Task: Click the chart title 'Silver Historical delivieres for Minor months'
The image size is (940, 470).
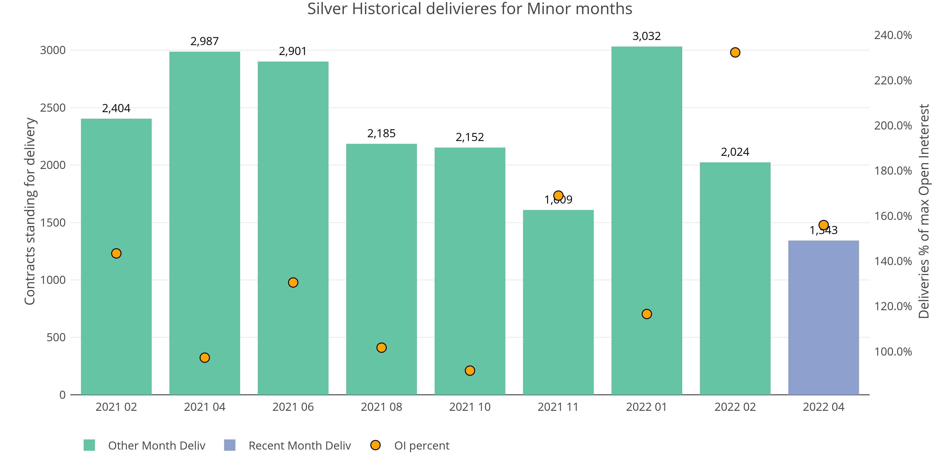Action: pyautogui.click(x=470, y=9)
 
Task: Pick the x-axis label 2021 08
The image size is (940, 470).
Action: pyautogui.click(x=381, y=407)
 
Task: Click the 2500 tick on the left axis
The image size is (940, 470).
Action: pyautogui.click(x=53, y=108)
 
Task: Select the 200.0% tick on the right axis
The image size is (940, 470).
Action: pyautogui.click(x=893, y=125)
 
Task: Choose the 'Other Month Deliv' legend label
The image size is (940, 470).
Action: pyautogui.click(x=157, y=446)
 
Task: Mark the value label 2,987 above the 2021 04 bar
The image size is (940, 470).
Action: pyautogui.click(x=204, y=41)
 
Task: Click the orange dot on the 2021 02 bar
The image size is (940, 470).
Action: pyautogui.click(x=116, y=253)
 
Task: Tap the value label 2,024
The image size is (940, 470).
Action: pyautogui.click(x=735, y=152)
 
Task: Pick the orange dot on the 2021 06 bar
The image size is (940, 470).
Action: pyautogui.click(x=293, y=282)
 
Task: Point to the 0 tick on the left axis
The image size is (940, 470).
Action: pyautogui.click(x=63, y=395)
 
